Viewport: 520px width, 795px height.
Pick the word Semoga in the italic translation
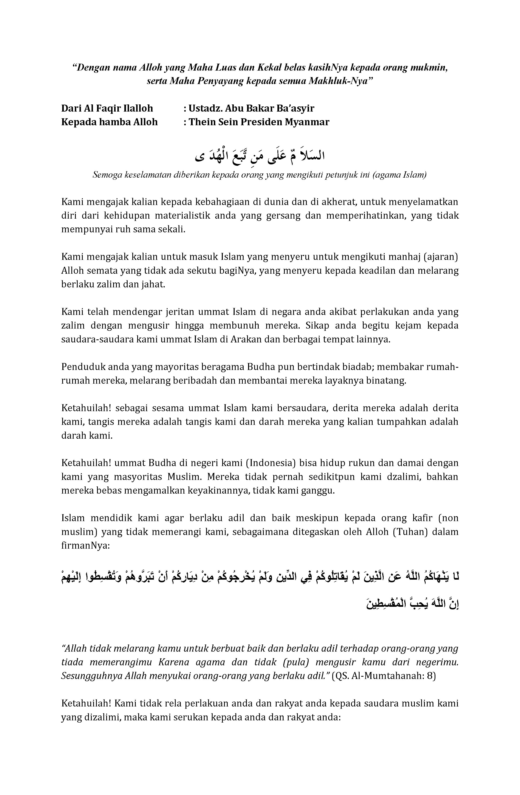click(x=107, y=175)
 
